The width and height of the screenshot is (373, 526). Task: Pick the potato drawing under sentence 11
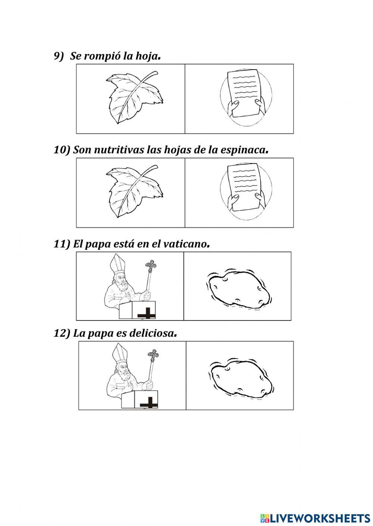(x=239, y=288)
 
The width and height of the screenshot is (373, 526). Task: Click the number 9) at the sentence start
(x=59, y=56)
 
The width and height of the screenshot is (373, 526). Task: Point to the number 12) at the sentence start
(x=62, y=333)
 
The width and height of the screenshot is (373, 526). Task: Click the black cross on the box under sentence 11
(x=147, y=314)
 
